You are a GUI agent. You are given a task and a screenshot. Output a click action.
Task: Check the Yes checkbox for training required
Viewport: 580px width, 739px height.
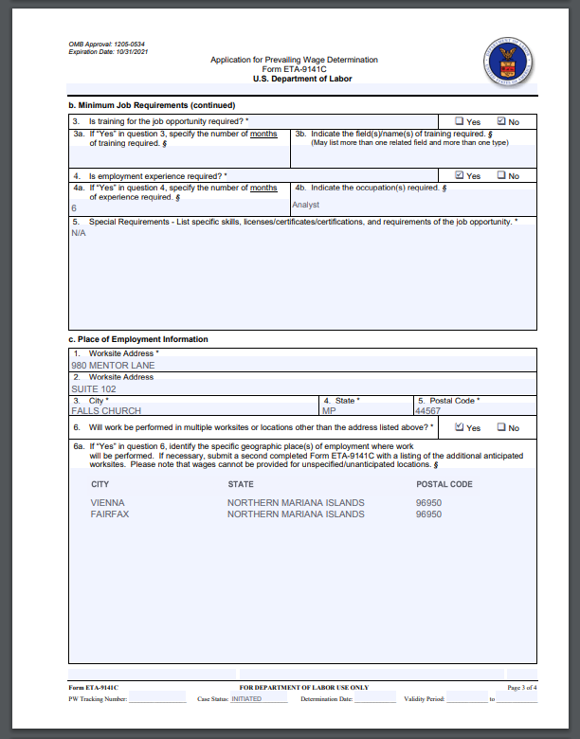pos(459,121)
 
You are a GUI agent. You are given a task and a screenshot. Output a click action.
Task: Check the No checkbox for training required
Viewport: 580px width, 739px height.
pos(501,121)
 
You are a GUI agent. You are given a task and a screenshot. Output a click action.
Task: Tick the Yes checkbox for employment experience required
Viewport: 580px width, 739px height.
pos(459,175)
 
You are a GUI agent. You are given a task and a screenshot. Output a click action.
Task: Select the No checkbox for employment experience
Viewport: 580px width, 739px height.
pos(501,175)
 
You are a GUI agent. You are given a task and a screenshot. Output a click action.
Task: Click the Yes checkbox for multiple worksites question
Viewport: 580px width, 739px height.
pos(459,427)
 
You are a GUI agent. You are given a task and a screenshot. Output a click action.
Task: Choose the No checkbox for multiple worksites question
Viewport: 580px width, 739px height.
pos(501,427)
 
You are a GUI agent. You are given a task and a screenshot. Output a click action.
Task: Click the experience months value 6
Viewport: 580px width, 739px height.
pos(74,207)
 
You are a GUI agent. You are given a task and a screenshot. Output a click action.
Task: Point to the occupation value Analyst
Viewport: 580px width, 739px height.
pos(306,205)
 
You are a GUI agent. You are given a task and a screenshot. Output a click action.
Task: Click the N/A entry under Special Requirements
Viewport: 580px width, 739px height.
pos(79,233)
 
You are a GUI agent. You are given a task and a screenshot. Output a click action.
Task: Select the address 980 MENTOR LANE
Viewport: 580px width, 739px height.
pos(113,365)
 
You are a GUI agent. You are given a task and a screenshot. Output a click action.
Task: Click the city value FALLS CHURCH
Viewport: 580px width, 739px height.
pos(106,411)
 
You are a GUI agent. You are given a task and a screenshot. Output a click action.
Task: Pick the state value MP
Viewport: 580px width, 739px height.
pos(329,411)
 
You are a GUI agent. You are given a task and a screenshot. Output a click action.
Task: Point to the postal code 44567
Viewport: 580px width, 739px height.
pos(427,411)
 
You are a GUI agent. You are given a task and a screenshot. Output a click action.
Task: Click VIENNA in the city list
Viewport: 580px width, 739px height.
pos(107,502)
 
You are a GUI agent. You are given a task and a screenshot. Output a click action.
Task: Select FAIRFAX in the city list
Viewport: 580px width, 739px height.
pos(110,514)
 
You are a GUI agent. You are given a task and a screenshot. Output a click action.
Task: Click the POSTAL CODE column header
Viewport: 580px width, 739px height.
pos(444,484)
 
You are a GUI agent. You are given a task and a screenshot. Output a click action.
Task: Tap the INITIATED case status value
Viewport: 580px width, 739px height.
pos(246,699)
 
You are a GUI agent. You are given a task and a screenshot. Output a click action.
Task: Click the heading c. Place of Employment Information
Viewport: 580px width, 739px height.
pos(137,339)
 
